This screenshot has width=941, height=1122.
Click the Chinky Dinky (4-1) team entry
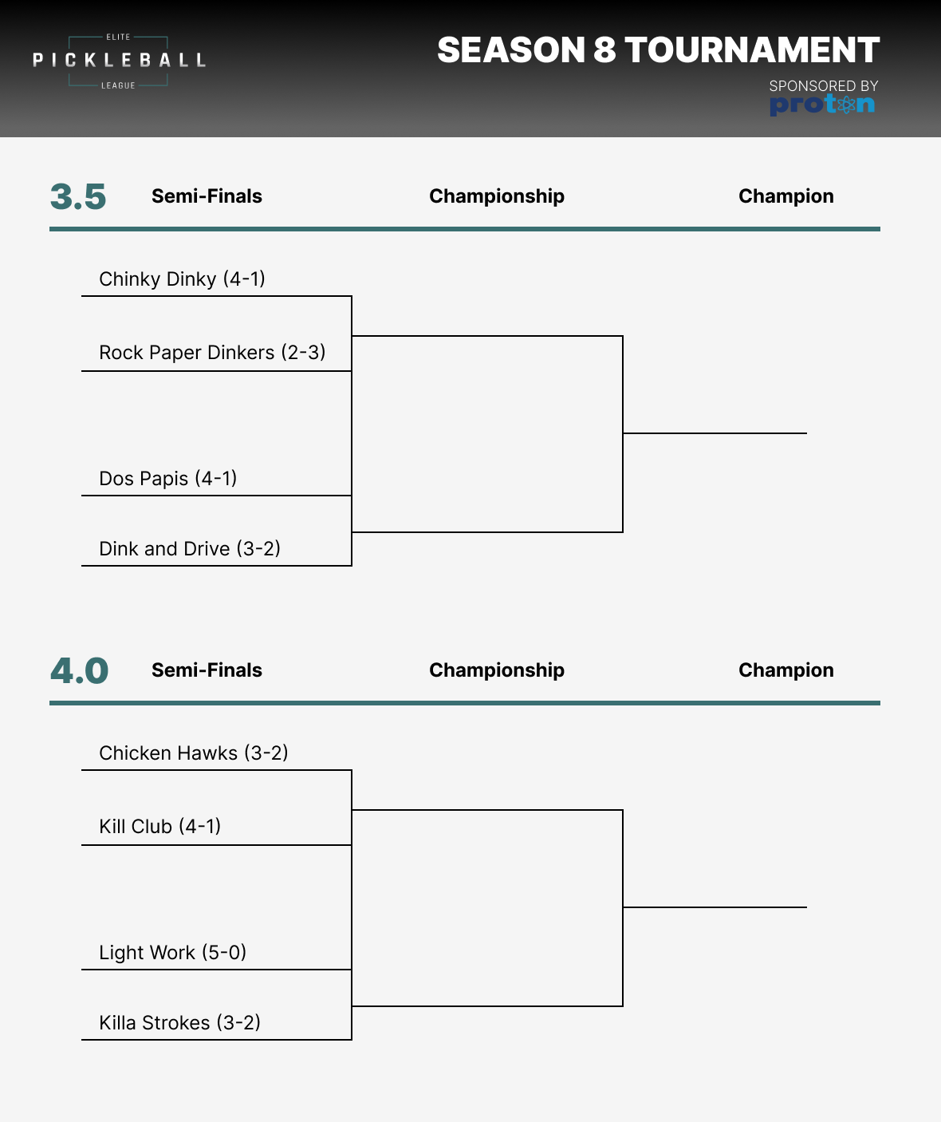[x=182, y=279]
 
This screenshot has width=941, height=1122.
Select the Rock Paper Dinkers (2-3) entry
[x=212, y=353]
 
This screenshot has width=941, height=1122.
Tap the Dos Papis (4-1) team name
[x=167, y=479]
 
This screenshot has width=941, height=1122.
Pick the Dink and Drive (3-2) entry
[x=190, y=549]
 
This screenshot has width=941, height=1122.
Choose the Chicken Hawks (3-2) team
[x=193, y=753]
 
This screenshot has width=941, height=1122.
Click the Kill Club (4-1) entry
[x=159, y=827]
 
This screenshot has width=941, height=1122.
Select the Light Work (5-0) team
[x=172, y=953]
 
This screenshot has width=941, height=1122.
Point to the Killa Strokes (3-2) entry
[x=179, y=1023]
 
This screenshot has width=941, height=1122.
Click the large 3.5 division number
[x=78, y=197]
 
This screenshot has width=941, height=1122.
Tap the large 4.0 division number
[x=79, y=671]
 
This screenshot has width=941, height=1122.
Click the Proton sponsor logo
[x=822, y=105]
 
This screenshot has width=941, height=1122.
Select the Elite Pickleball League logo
[x=119, y=61]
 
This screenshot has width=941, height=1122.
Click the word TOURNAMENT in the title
[x=752, y=50]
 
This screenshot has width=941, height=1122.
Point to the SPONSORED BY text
[x=823, y=85]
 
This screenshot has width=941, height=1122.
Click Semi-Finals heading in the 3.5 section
[x=207, y=196]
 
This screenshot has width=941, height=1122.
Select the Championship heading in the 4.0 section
[x=496, y=670]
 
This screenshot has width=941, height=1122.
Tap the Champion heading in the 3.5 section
[x=785, y=196]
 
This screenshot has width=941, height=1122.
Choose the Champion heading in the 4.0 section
[x=785, y=670]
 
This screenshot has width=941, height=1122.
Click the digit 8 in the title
[x=604, y=50]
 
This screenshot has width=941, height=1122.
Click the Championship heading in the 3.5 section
[x=496, y=196]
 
